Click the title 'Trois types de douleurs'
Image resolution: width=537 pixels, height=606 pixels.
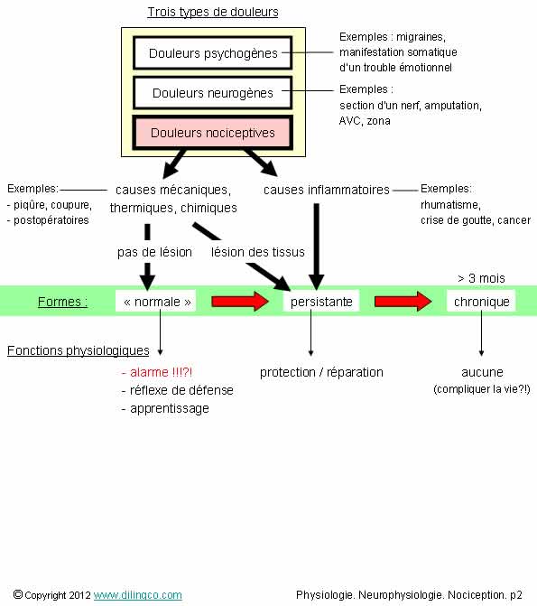pyautogui.click(x=213, y=12)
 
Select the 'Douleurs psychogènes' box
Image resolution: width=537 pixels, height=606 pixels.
pyautogui.click(x=212, y=53)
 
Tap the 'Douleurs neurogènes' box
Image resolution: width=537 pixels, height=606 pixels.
pyautogui.click(x=212, y=93)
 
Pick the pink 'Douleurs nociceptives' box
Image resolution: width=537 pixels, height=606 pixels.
pyautogui.click(x=212, y=133)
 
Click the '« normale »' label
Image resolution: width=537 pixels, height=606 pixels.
pyautogui.click(x=157, y=302)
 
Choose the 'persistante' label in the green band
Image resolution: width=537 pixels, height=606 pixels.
pyautogui.click(x=321, y=302)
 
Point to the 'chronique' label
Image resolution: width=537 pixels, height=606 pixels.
pyautogui.click(x=482, y=302)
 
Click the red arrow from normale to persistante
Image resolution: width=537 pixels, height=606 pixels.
pyautogui.click(x=240, y=302)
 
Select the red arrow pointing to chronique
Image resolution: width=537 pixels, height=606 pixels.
pyautogui.click(x=403, y=302)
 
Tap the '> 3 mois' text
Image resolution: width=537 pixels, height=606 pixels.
pyautogui.click(x=481, y=278)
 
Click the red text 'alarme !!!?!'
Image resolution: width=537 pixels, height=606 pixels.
pyautogui.click(x=157, y=372)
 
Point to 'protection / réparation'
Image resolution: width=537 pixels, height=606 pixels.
pyautogui.click(x=321, y=372)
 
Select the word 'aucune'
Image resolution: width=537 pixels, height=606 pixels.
pyautogui.click(x=482, y=372)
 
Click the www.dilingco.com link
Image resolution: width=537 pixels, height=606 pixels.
pyautogui.click(x=137, y=595)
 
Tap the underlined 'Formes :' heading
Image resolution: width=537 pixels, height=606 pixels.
pyautogui.click(x=62, y=302)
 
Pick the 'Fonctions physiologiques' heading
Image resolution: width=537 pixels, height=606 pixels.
pyautogui.click(x=78, y=350)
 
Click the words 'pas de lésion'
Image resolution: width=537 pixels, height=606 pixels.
pyautogui.click(x=154, y=252)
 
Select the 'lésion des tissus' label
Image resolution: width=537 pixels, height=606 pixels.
pyautogui.click(x=258, y=252)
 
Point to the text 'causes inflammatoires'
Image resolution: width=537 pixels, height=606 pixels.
pyautogui.click(x=327, y=190)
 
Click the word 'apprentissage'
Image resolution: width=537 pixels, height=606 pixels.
pyautogui.click(x=169, y=408)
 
